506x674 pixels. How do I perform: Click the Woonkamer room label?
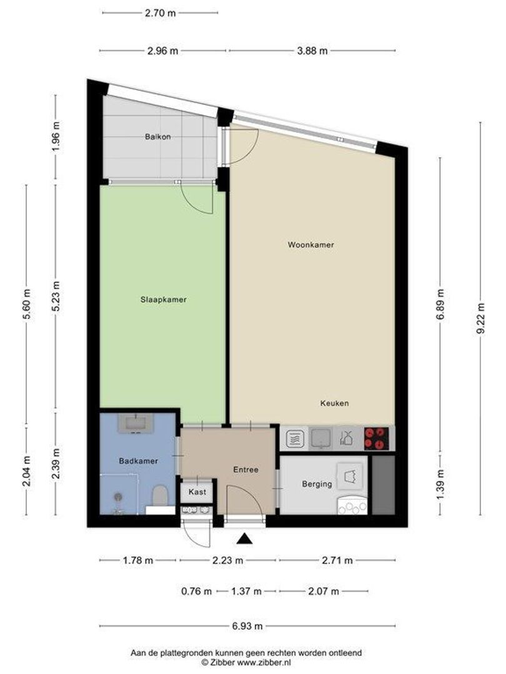(310, 245)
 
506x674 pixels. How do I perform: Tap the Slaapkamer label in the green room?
(164, 300)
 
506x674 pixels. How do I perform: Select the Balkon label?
(158, 137)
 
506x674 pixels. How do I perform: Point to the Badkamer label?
(139, 461)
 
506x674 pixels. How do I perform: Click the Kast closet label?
(197, 492)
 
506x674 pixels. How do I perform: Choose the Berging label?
(317, 484)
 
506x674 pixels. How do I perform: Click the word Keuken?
(334, 403)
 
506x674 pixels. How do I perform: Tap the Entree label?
(246, 470)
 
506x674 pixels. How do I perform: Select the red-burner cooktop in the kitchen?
(377, 439)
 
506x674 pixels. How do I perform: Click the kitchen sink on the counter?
(320, 439)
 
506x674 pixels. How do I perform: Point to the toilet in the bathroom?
(160, 496)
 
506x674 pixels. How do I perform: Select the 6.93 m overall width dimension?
(247, 626)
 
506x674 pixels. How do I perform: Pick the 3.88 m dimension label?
(312, 51)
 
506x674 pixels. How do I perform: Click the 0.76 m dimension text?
(197, 592)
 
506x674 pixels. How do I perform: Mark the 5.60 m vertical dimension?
(27, 304)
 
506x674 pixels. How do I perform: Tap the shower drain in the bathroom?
(118, 497)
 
